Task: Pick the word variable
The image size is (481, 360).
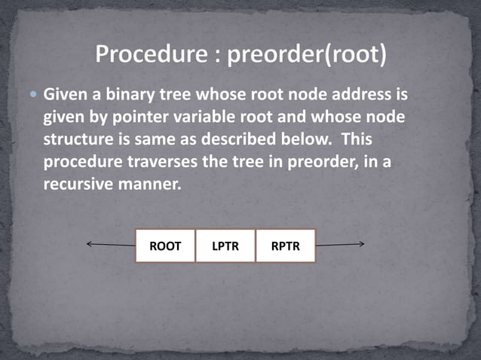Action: (182, 118)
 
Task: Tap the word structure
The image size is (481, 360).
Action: (79, 141)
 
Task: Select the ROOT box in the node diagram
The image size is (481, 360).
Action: (165, 246)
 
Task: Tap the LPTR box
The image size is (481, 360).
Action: (225, 246)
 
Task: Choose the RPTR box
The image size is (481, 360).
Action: (285, 246)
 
